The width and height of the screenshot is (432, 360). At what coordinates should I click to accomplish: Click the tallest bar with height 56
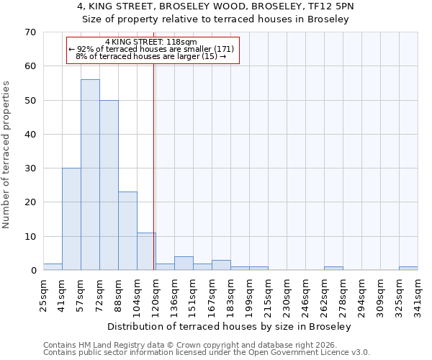[90, 175]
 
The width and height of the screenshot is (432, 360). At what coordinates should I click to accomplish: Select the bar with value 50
[109, 185]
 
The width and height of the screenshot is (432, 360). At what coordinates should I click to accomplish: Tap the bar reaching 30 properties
[71, 219]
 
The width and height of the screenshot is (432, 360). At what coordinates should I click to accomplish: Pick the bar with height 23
[127, 231]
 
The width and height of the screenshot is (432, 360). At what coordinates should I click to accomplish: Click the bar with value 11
[146, 251]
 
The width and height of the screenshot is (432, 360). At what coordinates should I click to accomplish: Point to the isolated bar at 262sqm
[333, 269]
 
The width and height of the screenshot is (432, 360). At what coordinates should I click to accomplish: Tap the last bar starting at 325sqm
[408, 269]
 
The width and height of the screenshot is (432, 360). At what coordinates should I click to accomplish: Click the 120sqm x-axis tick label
[156, 295]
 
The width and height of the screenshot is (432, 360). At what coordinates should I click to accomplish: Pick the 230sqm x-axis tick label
[287, 295]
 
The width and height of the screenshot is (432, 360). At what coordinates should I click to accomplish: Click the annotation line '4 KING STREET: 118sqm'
[151, 42]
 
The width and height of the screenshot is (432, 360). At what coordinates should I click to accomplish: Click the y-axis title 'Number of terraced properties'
[6, 154]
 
